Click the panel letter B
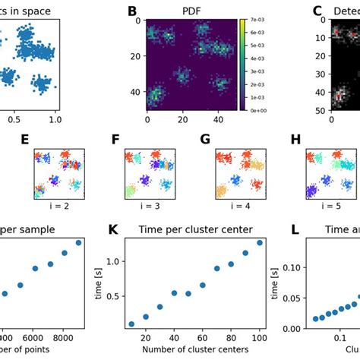pos(132,11)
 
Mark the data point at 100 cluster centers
pos(261,243)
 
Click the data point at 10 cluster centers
pos(132,324)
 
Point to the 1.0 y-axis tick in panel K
pos(116,261)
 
